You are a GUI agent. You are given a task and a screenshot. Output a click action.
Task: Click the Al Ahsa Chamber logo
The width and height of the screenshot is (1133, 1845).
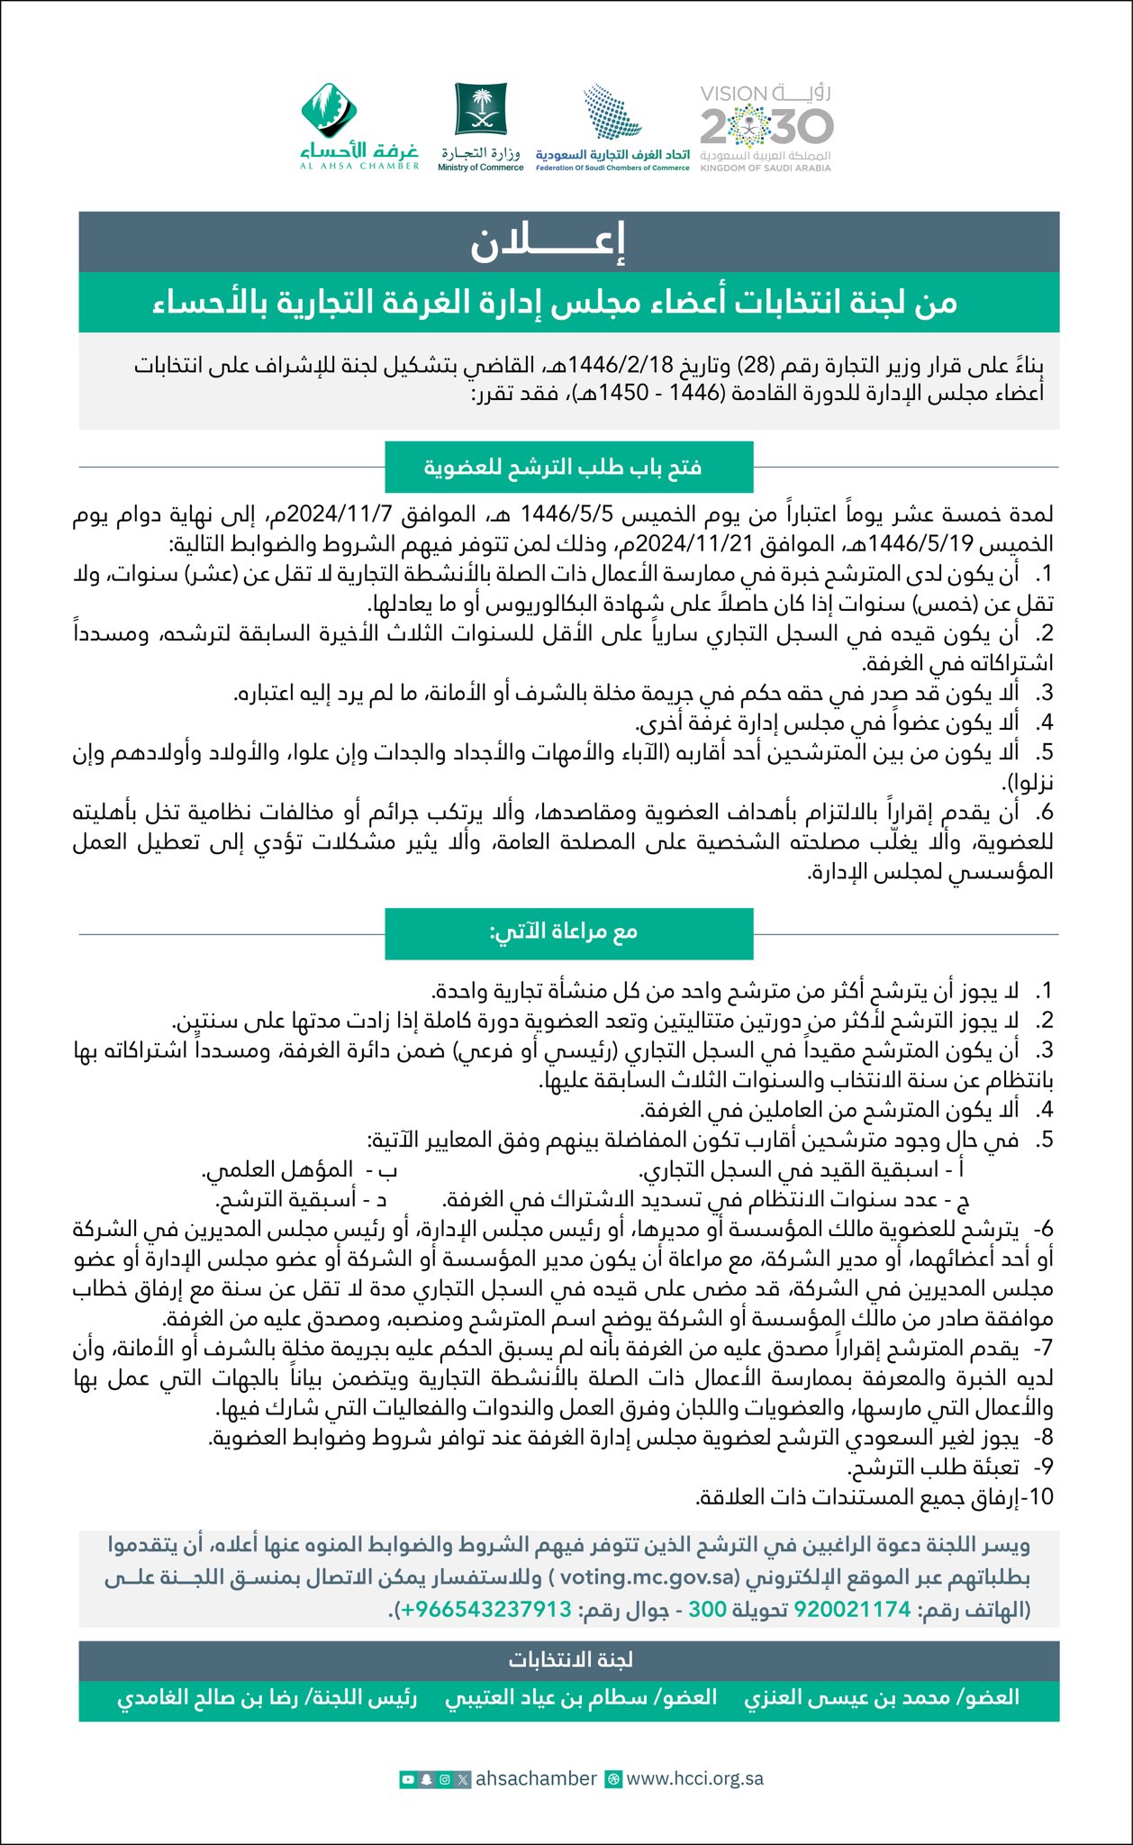(x=359, y=126)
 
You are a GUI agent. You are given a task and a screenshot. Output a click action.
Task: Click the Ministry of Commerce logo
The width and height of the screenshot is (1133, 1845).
(x=481, y=126)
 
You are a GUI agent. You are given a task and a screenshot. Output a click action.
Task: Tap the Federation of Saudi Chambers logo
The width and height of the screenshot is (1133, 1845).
(x=612, y=126)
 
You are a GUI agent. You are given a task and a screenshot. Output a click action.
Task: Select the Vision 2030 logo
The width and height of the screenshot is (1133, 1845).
(x=766, y=127)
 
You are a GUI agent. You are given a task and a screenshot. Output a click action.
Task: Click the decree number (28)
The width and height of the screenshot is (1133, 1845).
(x=752, y=366)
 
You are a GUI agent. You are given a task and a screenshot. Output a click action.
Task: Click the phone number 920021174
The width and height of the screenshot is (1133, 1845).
(x=852, y=1608)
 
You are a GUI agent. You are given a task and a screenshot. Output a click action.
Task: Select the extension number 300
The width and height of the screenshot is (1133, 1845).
(x=708, y=1608)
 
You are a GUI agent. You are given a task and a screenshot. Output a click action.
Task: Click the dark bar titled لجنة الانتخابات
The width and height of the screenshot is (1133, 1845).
(x=568, y=1659)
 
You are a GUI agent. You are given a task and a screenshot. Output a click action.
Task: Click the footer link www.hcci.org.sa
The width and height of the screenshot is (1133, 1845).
(x=694, y=1778)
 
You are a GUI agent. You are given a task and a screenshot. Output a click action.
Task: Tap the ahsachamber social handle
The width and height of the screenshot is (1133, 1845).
(x=536, y=1778)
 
